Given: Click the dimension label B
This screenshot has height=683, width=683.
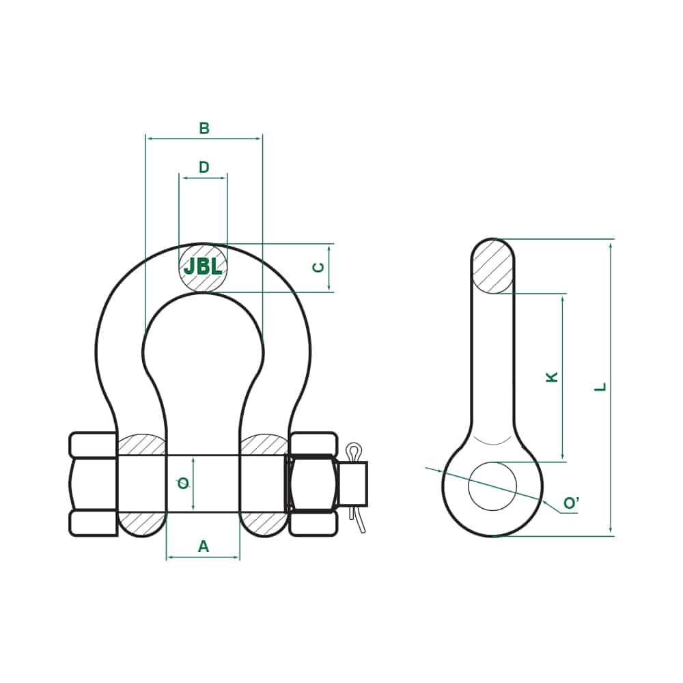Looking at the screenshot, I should click(204, 128).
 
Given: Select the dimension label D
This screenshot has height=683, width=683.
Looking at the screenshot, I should click(204, 167).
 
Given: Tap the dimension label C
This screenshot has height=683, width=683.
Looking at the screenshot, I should click(318, 267).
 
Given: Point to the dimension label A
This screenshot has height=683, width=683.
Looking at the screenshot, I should click(203, 546).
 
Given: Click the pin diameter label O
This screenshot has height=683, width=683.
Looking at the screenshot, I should click(183, 484).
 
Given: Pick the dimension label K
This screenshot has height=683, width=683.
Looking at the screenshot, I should click(553, 376).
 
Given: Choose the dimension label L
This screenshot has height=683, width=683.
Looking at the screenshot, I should click(600, 387).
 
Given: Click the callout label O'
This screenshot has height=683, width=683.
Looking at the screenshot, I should click(571, 504).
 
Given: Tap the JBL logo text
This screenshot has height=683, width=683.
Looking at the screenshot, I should click(203, 267).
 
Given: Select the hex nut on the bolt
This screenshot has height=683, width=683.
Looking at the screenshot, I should click(311, 484).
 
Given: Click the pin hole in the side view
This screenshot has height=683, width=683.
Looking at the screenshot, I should click(492, 486).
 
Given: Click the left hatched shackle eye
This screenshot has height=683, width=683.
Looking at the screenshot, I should click(141, 445).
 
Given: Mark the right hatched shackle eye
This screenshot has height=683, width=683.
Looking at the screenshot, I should click(264, 445).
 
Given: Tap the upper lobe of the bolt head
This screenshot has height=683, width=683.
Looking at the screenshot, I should click(93, 445).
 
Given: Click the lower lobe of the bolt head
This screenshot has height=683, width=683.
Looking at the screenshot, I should click(93, 522).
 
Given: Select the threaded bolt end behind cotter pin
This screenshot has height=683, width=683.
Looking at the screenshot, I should click(353, 484).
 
